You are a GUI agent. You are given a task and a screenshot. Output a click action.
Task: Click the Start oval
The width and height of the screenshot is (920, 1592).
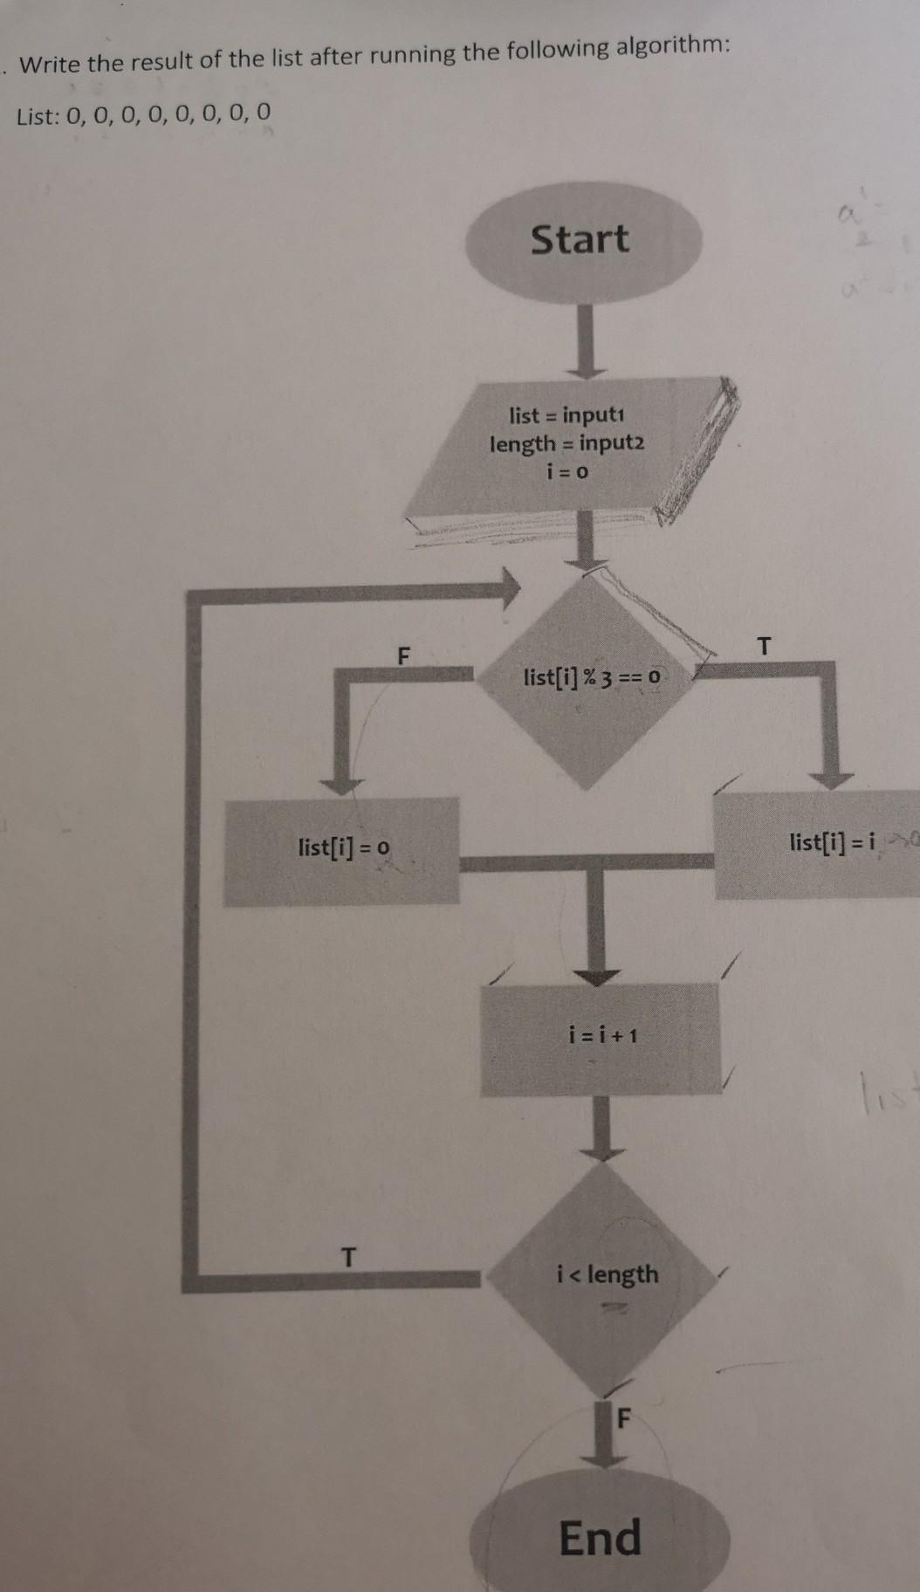(x=581, y=240)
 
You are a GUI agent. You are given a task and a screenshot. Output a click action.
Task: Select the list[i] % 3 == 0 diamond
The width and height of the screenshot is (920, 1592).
(x=592, y=677)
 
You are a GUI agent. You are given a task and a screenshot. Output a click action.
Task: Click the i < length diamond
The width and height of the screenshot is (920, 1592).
(x=608, y=1275)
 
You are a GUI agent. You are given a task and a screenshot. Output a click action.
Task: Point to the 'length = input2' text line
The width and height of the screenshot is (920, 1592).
(x=567, y=443)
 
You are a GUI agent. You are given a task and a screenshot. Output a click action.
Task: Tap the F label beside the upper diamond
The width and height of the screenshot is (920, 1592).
(x=402, y=655)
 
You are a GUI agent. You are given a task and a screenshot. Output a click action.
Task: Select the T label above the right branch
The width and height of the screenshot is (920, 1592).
(x=765, y=647)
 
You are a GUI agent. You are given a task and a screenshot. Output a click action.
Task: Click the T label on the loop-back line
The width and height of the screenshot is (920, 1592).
(x=348, y=1258)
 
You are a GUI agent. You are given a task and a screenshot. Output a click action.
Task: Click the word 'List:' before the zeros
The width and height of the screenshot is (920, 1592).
(x=38, y=116)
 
